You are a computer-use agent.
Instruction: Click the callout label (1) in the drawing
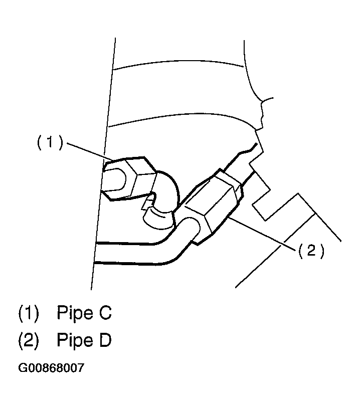pyautogui.click(x=50, y=142)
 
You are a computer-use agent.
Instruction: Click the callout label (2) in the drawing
pyautogui.click(x=311, y=251)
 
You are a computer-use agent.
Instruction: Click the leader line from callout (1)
pyautogui.click(x=90, y=151)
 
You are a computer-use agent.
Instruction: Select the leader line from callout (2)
pyautogui.click(x=262, y=233)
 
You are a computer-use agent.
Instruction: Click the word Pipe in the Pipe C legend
pyautogui.click(x=75, y=312)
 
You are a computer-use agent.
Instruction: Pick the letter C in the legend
pyautogui.click(x=105, y=312)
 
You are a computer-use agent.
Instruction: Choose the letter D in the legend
pyautogui.click(x=105, y=340)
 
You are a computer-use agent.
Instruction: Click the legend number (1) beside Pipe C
pyautogui.click(x=29, y=313)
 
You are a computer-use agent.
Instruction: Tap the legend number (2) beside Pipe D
pyautogui.click(x=29, y=340)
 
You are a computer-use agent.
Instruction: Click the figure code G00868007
pyautogui.click(x=51, y=367)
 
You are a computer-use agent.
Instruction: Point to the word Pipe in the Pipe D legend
pyautogui.click(x=75, y=340)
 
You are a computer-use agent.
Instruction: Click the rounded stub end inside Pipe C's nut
pyautogui.click(x=115, y=180)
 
